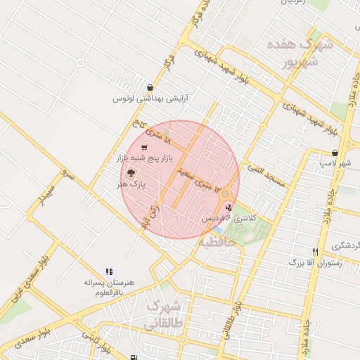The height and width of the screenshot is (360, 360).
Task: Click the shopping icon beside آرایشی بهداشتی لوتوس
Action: coord(150,88)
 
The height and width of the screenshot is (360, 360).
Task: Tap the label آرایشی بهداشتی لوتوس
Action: coord(151,100)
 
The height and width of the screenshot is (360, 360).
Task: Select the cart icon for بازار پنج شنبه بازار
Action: coord(144,148)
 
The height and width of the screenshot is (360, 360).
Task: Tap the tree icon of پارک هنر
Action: coord(130,172)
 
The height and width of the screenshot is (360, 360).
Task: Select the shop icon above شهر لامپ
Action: coord(335,153)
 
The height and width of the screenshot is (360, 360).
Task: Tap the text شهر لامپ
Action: coord(344,164)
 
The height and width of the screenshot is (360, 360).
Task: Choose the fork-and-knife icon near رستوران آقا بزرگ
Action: coord(316,251)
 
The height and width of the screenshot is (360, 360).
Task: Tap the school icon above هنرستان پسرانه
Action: coord(109,271)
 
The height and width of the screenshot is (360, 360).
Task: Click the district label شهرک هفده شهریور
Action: coord(295,53)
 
